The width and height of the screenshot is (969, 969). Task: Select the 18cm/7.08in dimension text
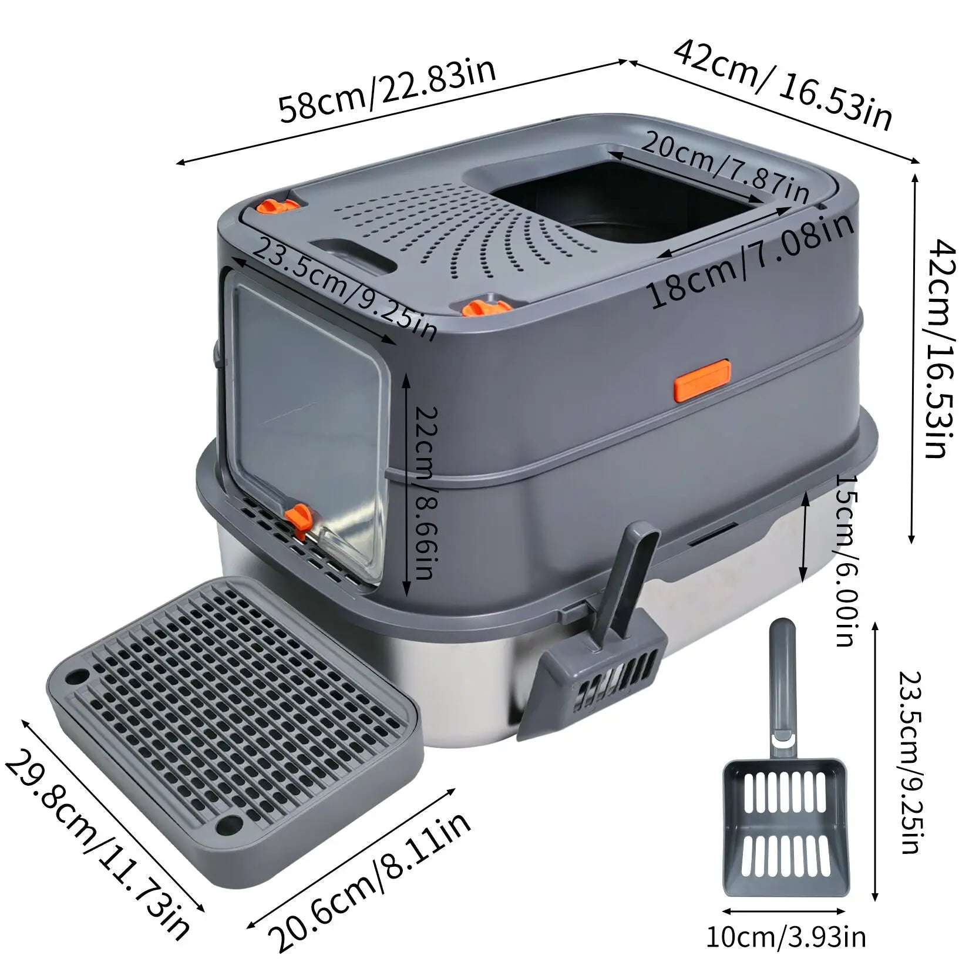tap(752, 258)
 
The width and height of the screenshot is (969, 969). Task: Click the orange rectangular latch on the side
tap(702, 381)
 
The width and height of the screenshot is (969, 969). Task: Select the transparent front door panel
tap(308, 423)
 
